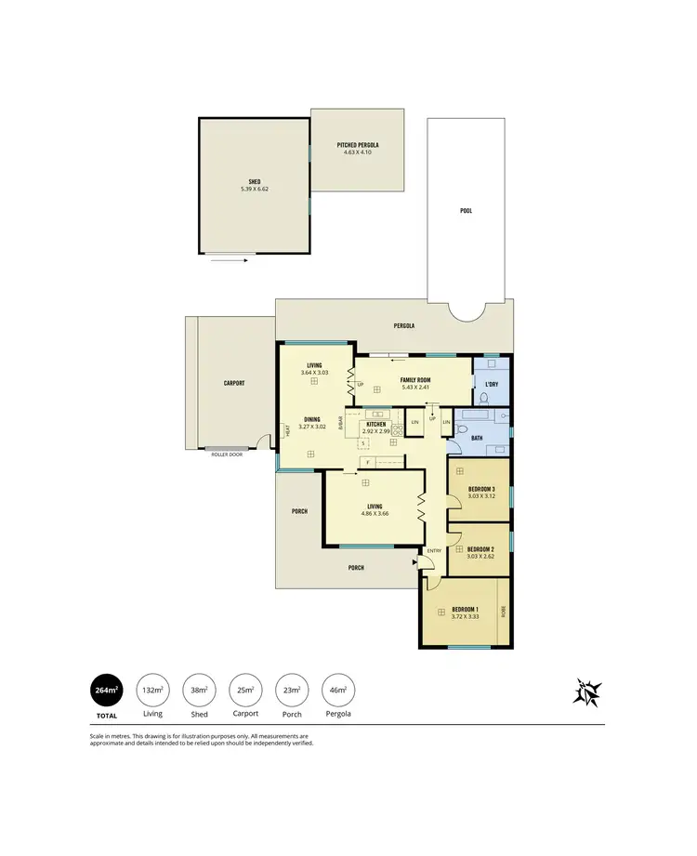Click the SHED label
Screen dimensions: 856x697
[x=254, y=181]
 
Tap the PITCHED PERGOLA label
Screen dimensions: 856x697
[x=358, y=146]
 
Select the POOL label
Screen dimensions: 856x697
[x=466, y=210]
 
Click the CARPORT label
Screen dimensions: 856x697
[x=233, y=383]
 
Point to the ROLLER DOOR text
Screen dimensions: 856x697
[x=227, y=454]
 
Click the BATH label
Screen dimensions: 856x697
[x=478, y=437]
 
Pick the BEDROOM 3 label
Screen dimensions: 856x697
[x=480, y=489]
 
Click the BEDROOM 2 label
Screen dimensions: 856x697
[x=480, y=549]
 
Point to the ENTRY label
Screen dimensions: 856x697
[x=433, y=551]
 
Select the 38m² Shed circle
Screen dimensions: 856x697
[x=199, y=691]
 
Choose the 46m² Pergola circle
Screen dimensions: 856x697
[x=335, y=691]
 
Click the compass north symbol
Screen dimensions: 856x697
[x=587, y=692]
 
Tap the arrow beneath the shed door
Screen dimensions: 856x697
[x=229, y=261]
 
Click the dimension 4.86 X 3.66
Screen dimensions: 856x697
[x=375, y=514]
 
